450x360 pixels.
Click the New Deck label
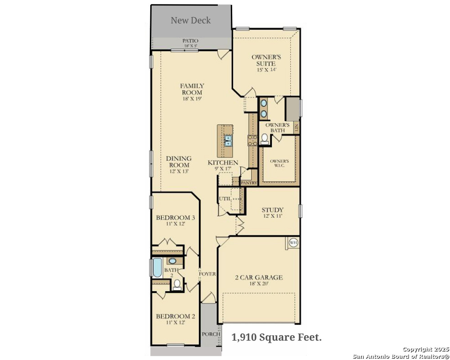coord(190,20)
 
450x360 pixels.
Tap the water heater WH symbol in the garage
coord(293,243)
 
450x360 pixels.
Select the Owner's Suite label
coord(266,60)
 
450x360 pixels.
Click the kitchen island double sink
coord(228,141)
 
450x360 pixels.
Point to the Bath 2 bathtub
coord(157,268)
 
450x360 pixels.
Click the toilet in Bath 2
coord(177,284)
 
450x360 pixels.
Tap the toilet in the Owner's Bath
coord(264,139)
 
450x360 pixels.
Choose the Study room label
coord(272,210)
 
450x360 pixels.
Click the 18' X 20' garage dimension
coord(259,283)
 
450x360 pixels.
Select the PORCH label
coord(211,334)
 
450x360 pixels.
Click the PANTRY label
coord(249,183)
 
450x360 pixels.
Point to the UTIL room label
coord(225,198)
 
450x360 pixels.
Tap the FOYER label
coord(207,274)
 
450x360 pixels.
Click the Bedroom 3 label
coord(175,218)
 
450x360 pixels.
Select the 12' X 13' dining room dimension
coord(179,171)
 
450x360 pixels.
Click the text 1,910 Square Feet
coord(277,337)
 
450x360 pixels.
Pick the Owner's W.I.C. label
coord(279,163)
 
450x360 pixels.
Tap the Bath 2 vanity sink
coord(172,261)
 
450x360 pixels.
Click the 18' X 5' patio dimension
coord(190,46)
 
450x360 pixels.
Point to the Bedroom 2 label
coord(175,316)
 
